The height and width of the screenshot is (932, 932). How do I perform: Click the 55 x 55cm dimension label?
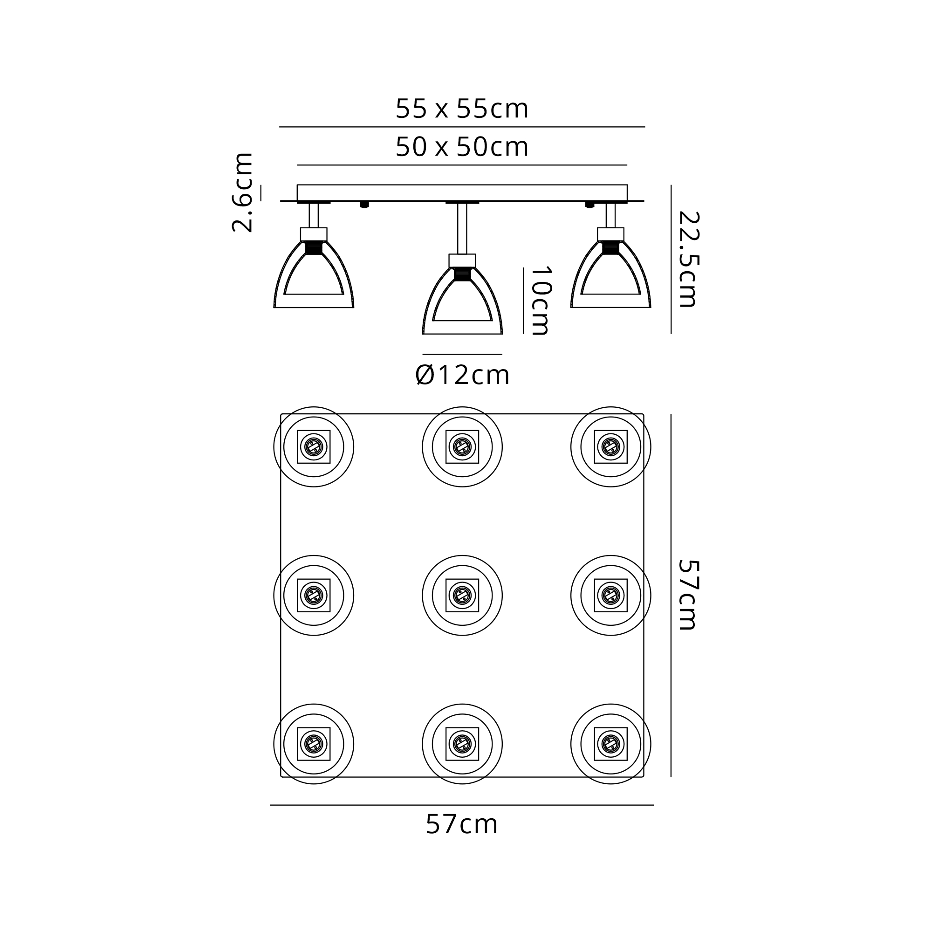click(462, 109)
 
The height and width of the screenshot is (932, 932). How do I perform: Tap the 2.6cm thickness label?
click(243, 192)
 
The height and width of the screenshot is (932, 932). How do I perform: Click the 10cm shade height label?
click(540, 301)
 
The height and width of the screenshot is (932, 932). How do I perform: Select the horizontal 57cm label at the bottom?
click(462, 824)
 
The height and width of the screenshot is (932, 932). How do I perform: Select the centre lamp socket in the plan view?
click(462, 595)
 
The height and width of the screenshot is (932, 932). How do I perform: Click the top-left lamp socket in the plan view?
click(314, 447)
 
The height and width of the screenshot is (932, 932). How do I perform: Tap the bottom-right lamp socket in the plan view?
click(611, 744)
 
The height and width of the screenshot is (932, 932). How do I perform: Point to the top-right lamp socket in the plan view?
click(611, 447)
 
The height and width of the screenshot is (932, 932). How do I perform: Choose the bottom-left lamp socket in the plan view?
click(314, 744)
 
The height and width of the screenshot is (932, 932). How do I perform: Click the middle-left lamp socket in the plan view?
click(314, 595)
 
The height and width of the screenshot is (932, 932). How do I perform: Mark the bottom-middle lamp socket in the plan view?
click(462, 744)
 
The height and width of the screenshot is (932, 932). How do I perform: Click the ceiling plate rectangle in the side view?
click(462, 192)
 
